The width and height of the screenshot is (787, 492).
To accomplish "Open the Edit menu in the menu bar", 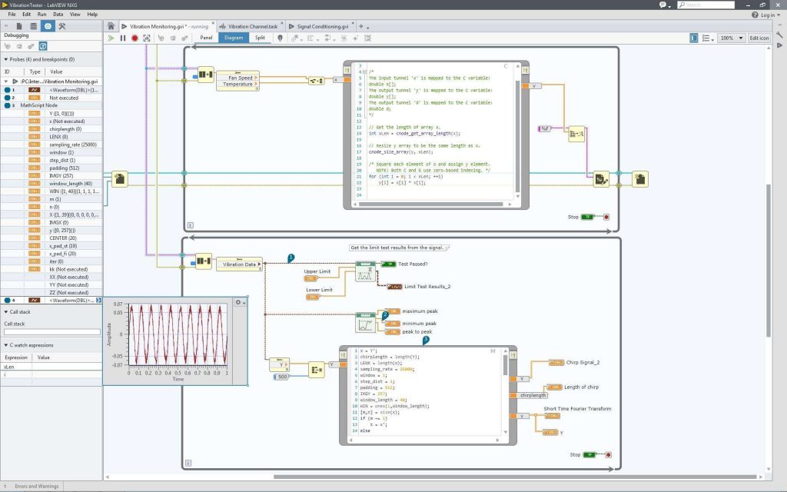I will click(27, 14).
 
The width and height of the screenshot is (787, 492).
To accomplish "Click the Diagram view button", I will click(233, 37).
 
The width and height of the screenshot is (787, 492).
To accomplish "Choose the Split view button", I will click(261, 37).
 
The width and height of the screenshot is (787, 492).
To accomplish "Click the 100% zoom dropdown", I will click(731, 38).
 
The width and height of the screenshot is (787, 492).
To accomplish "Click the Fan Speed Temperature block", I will click(237, 79).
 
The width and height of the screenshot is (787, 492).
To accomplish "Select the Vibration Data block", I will click(239, 264).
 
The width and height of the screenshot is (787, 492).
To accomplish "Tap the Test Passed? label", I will click(413, 264).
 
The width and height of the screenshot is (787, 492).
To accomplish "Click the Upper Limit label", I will click(317, 271).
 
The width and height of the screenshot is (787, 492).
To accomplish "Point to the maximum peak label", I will click(419, 311).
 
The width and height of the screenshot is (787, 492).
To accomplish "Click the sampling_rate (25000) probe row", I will click(66, 145).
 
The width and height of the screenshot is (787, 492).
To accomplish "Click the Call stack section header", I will click(20, 312).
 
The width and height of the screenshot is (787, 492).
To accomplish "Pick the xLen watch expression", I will click(10, 367).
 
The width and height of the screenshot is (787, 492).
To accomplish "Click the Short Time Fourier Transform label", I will click(577, 408).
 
